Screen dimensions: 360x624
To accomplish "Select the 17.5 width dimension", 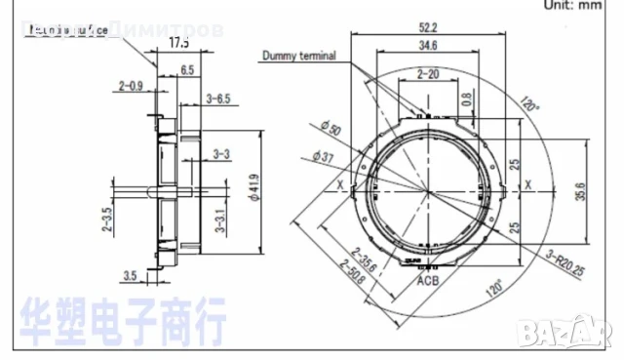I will (178, 44).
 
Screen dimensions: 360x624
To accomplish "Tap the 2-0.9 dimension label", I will (131, 87).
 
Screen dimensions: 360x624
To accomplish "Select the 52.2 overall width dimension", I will (426, 29).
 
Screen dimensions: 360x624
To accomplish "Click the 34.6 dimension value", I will (426, 46).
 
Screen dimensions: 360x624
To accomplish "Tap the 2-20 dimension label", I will (427, 74).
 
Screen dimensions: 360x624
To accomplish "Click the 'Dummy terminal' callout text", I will (298, 56).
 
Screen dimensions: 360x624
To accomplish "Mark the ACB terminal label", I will (428, 281).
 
